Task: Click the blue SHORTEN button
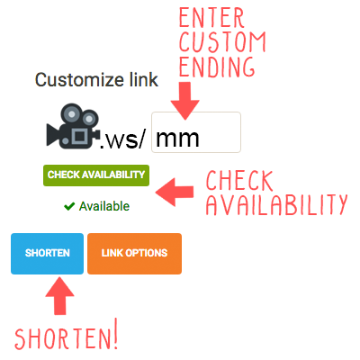[x=47, y=254]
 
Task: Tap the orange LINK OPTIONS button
[x=134, y=254]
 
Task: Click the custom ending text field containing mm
[x=196, y=132]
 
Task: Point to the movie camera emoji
[x=73, y=126]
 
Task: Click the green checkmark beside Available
[x=69, y=206]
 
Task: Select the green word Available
[x=104, y=206]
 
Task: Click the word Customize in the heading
[x=80, y=80]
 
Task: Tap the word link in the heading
[x=144, y=80]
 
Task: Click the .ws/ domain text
[x=122, y=139]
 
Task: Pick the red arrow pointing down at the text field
[x=185, y=101]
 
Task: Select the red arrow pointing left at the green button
[x=175, y=193]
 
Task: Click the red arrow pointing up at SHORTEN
[x=59, y=295]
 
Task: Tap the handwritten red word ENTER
[x=211, y=18]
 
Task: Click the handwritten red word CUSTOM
[x=222, y=41]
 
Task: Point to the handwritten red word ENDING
[x=217, y=66]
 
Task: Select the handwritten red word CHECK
[x=239, y=181]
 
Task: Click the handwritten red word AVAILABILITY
[x=276, y=204]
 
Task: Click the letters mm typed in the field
[x=177, y=139]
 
